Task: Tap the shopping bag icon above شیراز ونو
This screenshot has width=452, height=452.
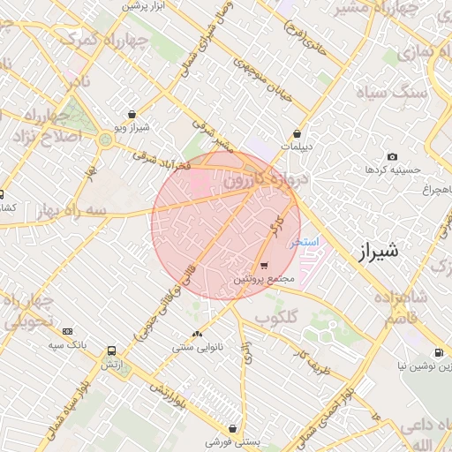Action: coord(132,114)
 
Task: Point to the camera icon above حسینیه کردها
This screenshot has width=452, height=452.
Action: coord(392,156)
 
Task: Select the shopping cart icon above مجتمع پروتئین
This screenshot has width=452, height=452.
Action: coord(264,265)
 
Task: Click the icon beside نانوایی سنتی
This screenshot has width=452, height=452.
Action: coord(196,335)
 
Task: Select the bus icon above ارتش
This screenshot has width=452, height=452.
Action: coord(110,350)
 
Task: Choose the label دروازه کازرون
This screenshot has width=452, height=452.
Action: coord(265,179)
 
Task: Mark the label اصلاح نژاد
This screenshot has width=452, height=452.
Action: coord(45,136)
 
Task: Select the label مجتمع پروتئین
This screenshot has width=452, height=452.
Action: coord(263,278)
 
